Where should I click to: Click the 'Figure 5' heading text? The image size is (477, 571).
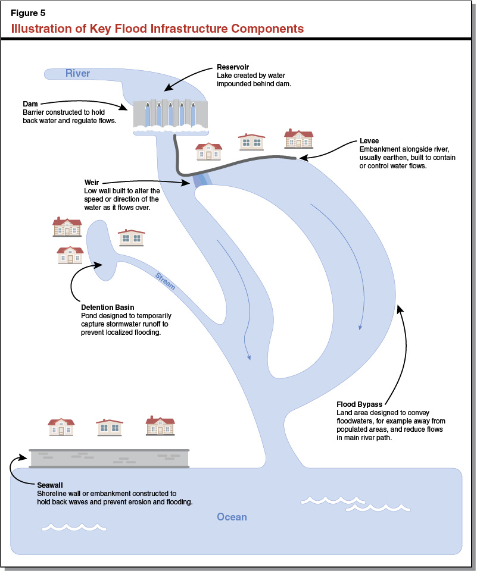point(28,13)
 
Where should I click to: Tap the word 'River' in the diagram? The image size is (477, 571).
point(77,73)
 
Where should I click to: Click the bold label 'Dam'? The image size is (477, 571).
point(30,104)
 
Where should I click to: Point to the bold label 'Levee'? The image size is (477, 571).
point(369,141)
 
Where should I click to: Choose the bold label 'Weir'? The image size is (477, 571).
point(91,183)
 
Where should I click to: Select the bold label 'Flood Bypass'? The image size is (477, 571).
point(359,404)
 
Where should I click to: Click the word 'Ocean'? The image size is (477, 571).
point(232,517)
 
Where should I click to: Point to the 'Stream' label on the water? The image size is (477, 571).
point(165,281)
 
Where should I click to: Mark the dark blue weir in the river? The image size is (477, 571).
point(200,180)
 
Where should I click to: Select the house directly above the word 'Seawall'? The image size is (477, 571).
point(61,427)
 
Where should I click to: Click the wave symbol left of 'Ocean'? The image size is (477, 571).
point(73,528)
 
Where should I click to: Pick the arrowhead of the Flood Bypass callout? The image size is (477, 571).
point(400,308)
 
